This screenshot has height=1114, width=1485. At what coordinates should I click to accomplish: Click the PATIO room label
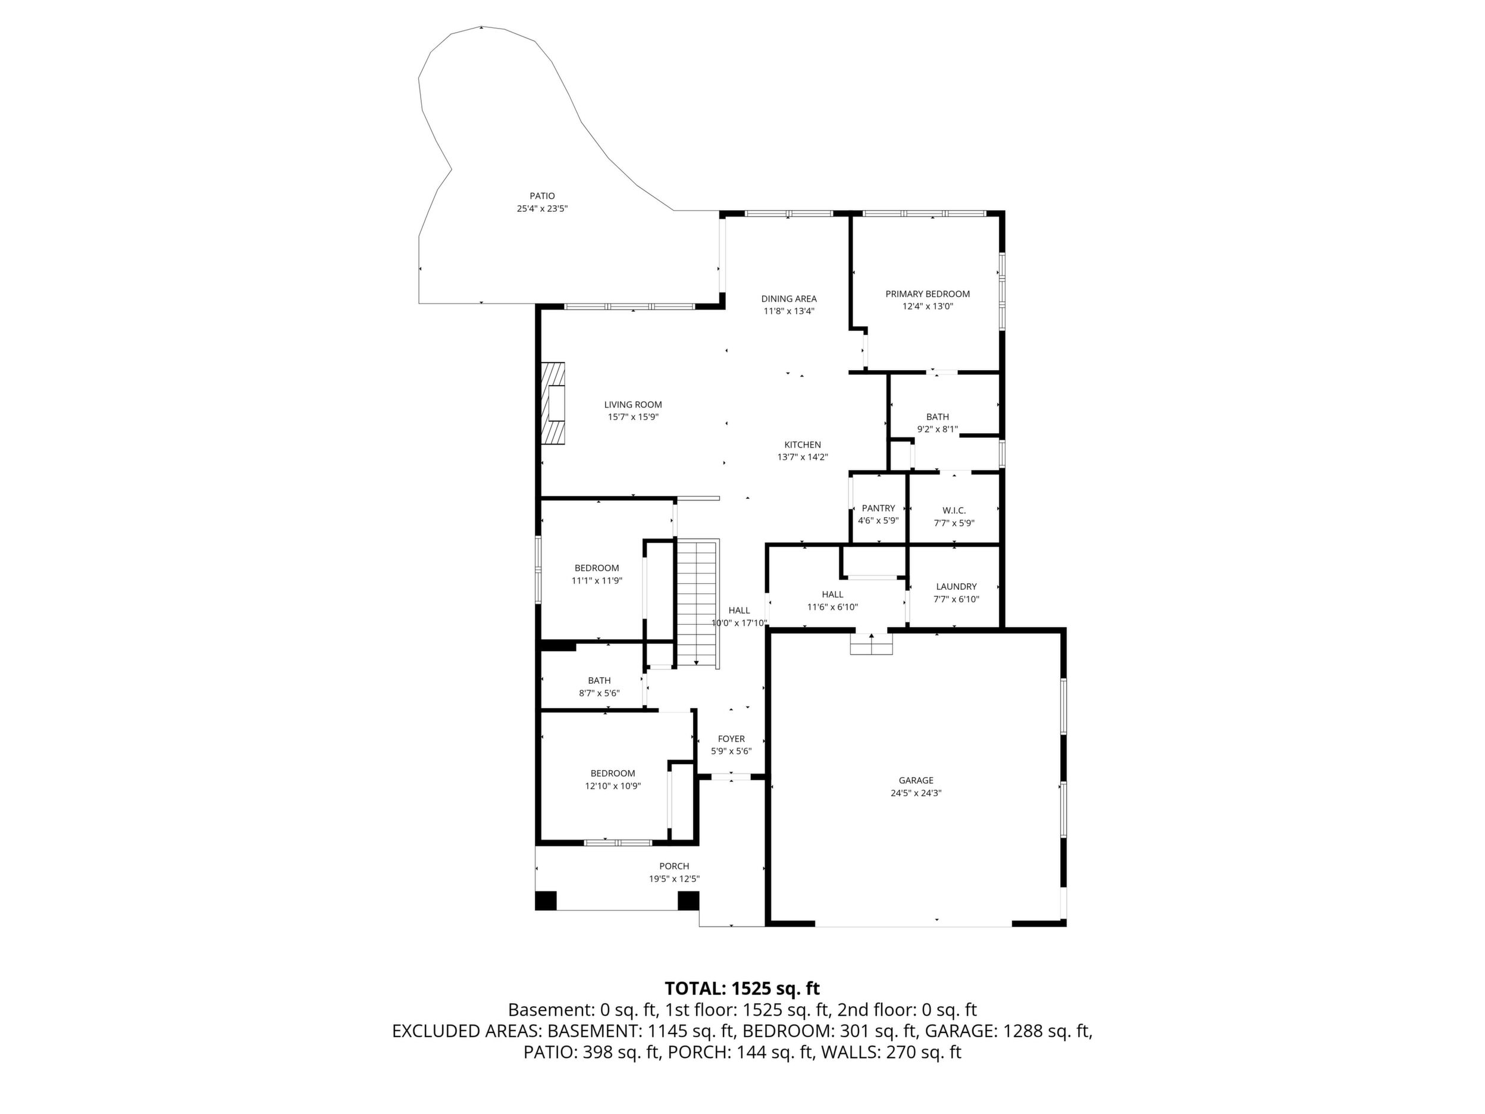click(542, 196)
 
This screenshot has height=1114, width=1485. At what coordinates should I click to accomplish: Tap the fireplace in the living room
click(553, 403)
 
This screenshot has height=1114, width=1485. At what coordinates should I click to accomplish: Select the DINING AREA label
click(789, 299)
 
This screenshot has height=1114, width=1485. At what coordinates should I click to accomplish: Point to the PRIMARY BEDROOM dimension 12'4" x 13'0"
click(928, 306)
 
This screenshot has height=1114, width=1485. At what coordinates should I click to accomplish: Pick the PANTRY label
click(878, 508)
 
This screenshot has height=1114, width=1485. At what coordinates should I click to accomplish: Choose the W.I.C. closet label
click(954, 511)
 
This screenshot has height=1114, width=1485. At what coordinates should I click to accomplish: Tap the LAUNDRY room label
click(957, 587)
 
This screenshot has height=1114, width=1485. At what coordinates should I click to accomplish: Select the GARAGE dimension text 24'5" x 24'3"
click(916, 793)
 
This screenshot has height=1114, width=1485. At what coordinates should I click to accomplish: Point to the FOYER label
click(731, 739)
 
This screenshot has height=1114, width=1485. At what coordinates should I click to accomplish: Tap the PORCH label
click(674, 866)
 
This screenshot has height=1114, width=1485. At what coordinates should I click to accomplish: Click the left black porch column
click(546, 900)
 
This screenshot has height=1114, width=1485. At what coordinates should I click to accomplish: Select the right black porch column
click(688, 900)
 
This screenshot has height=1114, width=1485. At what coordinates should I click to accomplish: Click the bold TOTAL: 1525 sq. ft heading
click(742, 988)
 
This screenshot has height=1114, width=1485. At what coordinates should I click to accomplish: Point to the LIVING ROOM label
click(633, 405)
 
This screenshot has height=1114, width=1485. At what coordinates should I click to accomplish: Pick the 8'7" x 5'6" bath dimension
click(600, 693)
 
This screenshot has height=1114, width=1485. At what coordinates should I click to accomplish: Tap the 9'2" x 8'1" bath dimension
click(938, 429)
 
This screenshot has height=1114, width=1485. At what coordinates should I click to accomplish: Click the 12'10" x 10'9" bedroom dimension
click(613, 786)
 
